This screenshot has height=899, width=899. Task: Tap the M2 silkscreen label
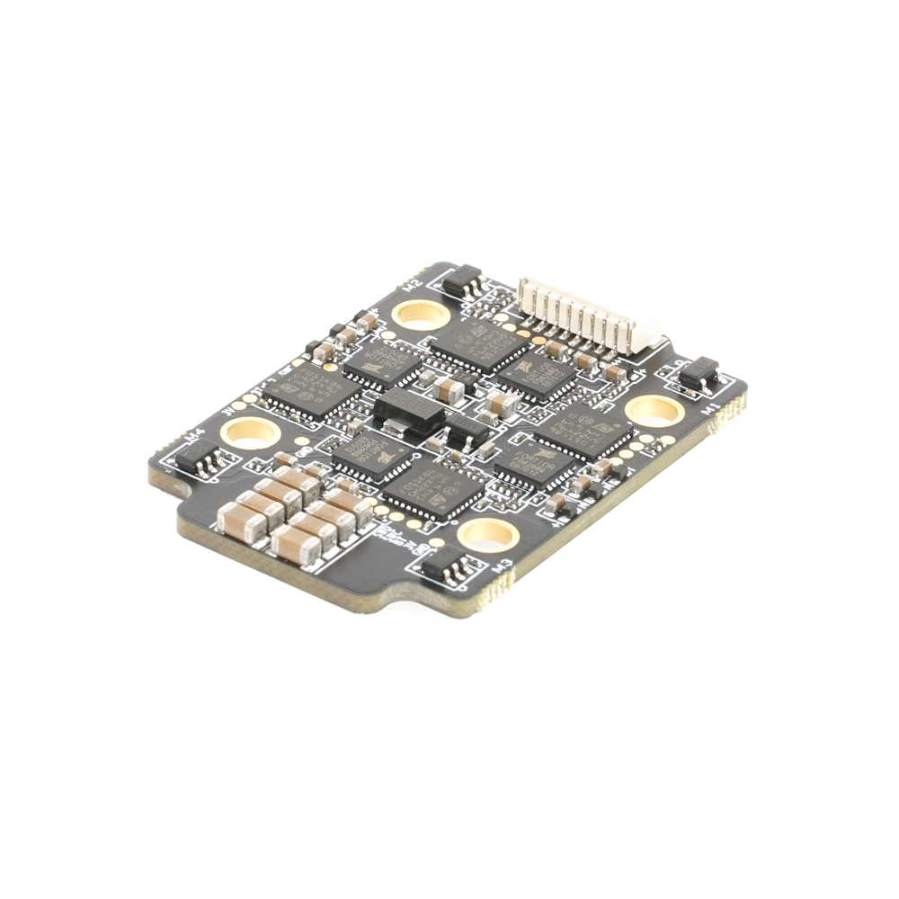click(x=414, y=285)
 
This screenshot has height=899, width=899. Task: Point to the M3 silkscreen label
click(x=504, y=566)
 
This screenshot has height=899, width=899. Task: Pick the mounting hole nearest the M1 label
click(x=654, y=411)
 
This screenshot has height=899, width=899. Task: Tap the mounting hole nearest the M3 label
click(x=487, y=535)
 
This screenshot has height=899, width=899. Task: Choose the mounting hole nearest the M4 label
click(x=250, y=432)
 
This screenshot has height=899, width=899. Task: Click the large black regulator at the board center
click(x=408, y=413)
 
